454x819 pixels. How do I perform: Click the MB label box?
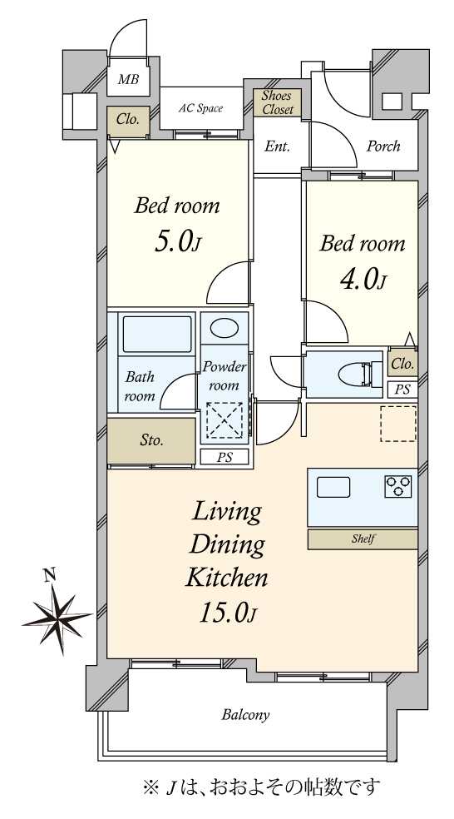(x=127, y=80)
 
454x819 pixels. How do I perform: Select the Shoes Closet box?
(x=277, y=102)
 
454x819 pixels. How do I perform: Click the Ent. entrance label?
(x=277, y=146)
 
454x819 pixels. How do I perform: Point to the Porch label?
(x=383, y=146)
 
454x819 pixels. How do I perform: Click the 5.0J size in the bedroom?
(x=176, y=241)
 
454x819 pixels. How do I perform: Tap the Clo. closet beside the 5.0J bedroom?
(x=127, y=120)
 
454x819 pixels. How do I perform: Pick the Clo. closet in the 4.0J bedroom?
(x=402, y=364)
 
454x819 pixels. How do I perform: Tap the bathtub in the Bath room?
(x=157, y=333)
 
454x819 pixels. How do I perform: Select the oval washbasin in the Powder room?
(x=223, y=328)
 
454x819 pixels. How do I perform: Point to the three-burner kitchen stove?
(x=398, y=487)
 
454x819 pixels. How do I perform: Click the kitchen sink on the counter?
(x=333, y=487)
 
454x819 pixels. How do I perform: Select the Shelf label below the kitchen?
(x=363, y=539)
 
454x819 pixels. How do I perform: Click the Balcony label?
(x=245, y=714)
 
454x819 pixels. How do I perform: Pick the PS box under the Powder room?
(x=224, y=457)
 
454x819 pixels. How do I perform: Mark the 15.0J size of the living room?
(x=226, y=613)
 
